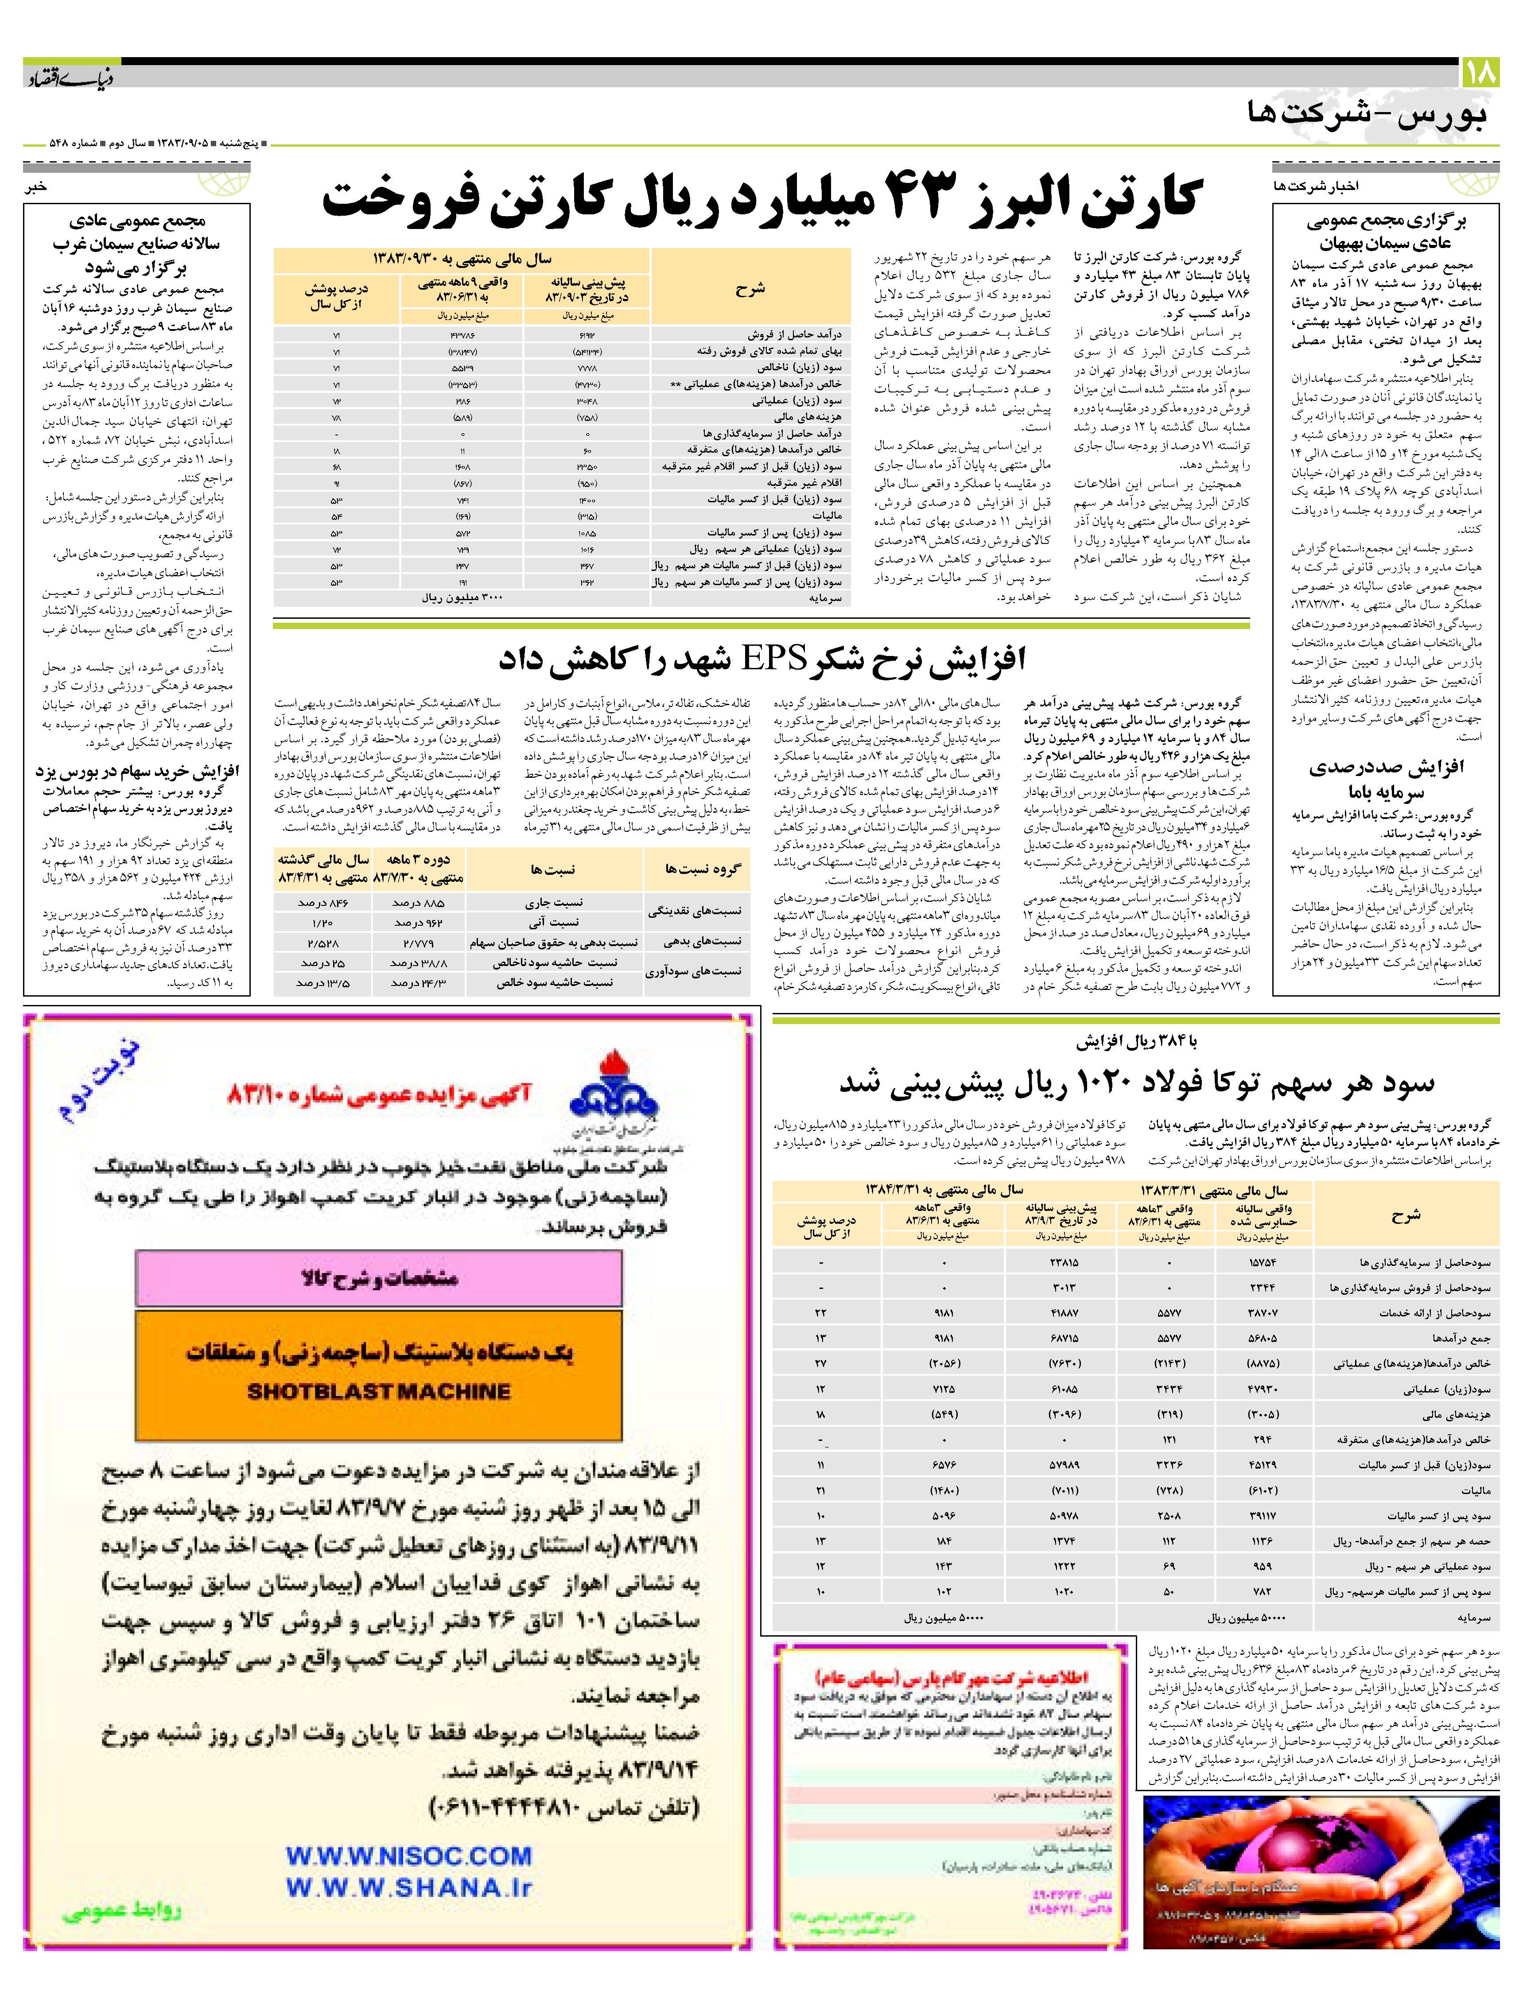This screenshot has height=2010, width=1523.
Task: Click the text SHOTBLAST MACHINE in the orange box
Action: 379,1391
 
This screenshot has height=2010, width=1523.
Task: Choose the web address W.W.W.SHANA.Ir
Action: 409,1887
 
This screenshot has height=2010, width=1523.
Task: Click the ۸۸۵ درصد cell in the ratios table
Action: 418,902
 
